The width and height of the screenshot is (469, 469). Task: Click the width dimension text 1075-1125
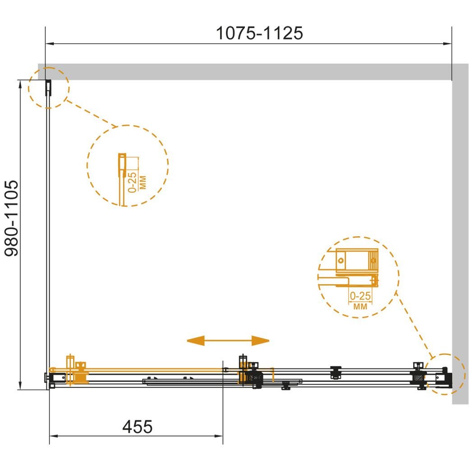[259, 33]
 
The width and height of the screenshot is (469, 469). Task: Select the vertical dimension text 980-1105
[12, 218]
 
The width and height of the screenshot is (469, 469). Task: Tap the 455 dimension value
[137, 427]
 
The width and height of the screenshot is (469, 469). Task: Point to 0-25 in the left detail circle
[132, 182]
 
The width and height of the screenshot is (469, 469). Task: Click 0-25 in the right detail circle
[360, 296]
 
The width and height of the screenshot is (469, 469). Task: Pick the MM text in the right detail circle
[360, 307]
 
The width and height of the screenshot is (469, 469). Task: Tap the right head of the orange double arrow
[261, 340]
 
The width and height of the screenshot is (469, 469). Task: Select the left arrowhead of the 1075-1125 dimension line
[50, 44]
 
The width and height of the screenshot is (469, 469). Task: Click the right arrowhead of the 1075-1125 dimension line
[447, 44]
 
